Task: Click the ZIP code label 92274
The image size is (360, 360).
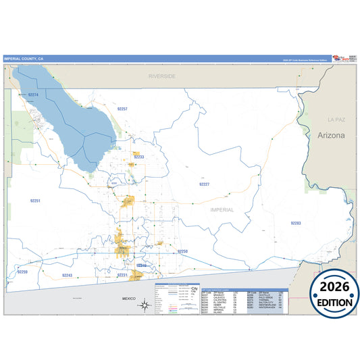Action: coord(33,95)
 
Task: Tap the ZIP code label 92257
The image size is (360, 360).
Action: coord(122,108)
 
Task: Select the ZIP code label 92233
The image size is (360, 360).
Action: coord(138,157)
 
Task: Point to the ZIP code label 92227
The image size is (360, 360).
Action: coord(204,184)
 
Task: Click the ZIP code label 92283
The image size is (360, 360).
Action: coord(296,223)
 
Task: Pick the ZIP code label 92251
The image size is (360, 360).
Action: coord(35,201)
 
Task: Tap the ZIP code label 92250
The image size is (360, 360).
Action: coord(182,251)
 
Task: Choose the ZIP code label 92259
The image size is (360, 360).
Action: coord(22,272)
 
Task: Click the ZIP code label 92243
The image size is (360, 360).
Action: coord(67,276)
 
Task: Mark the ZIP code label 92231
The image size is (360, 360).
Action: coord(122,276)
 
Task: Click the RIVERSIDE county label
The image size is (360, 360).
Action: coord(162,76)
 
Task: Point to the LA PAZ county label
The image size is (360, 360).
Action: coord(336,119)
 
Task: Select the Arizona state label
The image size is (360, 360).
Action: coord(331,135)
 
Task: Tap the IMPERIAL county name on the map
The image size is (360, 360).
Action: coord(222,209)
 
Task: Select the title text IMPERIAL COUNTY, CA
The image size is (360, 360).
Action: coord(23,59)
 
